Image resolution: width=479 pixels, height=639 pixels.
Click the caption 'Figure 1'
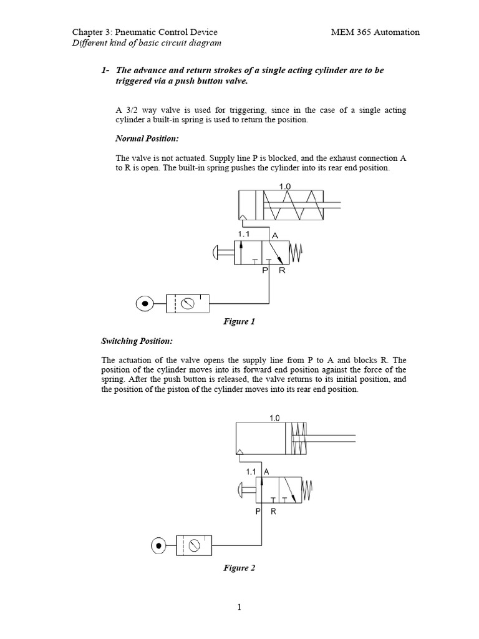pyautogui.click(x=239, y=322)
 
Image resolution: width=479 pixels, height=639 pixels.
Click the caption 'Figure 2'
pyautogui.click(x=239, y=568)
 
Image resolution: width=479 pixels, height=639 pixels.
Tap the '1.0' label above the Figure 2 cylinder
pyautogui.click(x=275, y=418)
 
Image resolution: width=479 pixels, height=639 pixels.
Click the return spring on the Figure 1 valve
pyautogui.click(x=296, y=253)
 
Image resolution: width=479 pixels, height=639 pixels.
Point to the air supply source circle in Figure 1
pyautogui.click(x=145, y=304)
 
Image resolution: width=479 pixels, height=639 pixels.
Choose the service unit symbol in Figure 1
pyautogui.click(x=188, y=304)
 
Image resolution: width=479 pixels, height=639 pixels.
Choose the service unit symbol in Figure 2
pyautogui.click(x=195, y=546)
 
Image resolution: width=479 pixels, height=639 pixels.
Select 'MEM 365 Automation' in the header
pyautogui.click(x=374, y=32)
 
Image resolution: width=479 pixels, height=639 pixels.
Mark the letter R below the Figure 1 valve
pyautogui.click(x=282, y=271)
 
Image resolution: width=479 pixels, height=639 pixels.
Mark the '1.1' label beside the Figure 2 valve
pyautogui.click(x=252, y=472)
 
